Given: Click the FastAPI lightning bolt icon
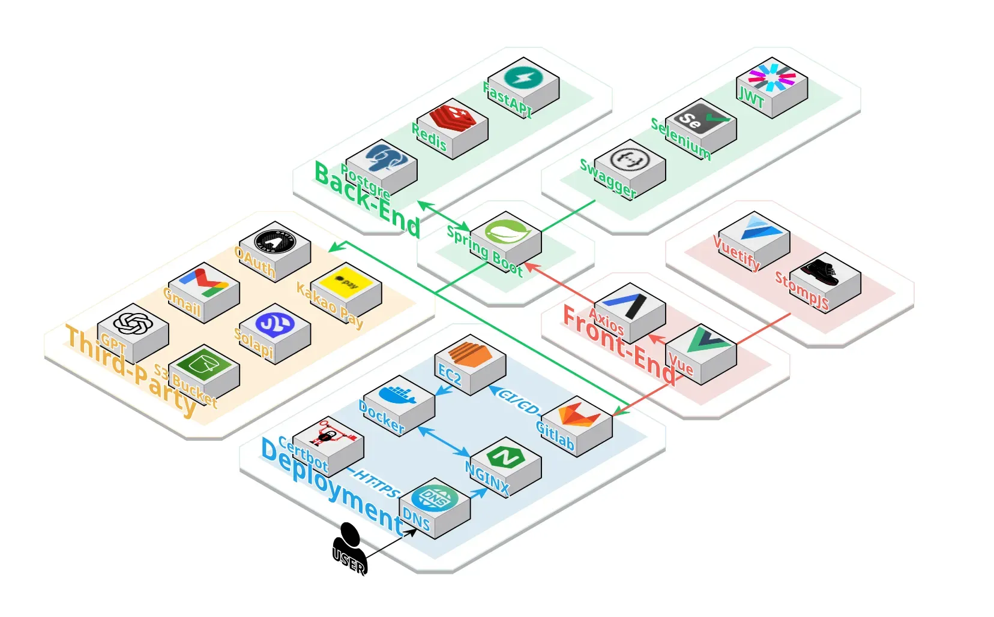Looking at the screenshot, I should (523, 77).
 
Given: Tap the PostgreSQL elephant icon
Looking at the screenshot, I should (382, 158).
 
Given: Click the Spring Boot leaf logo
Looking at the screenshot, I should (506, 231).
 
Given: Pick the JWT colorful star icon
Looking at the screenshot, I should (772, 77).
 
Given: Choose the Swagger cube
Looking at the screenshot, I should (630, 168).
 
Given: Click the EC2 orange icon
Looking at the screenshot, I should (470, 353).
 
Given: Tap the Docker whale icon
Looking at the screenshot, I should (399, 394).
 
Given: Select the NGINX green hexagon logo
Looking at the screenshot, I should (505, 458).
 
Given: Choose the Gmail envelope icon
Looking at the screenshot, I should (204, 282).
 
